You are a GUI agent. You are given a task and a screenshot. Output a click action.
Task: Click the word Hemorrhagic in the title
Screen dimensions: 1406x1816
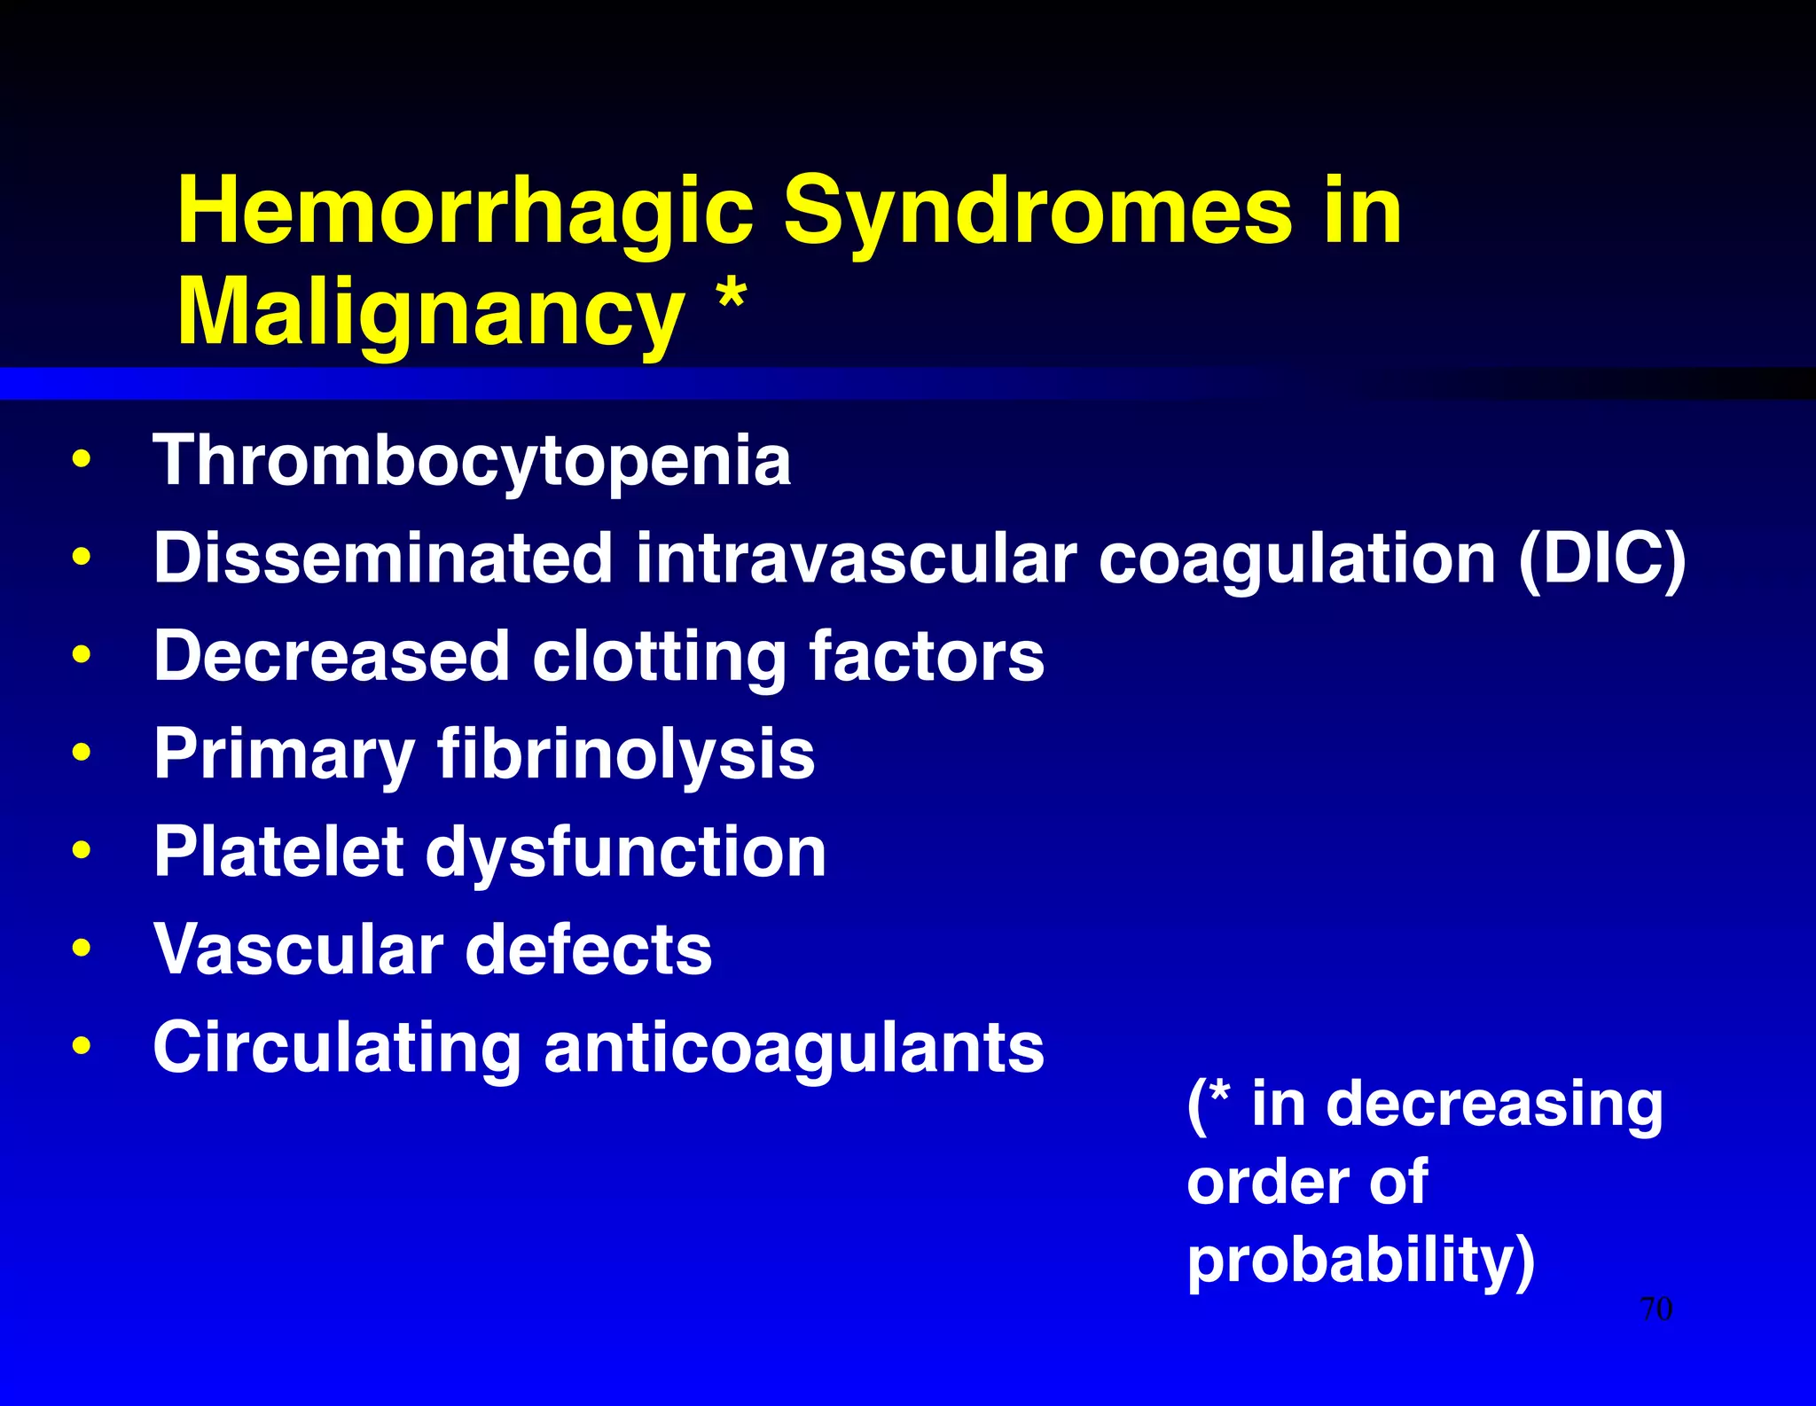point(465,213)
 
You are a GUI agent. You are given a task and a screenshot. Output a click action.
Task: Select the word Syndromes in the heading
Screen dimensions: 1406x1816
point(1037,213)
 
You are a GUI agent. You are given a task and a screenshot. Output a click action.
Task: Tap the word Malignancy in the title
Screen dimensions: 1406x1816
point(430,313)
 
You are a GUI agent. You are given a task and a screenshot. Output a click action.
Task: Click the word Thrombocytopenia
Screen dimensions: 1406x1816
point(472,461)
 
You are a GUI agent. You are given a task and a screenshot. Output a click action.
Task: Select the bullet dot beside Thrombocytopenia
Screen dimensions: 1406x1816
point(82,459)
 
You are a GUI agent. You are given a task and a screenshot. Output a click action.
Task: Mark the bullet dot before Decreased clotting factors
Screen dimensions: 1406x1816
point(82,655)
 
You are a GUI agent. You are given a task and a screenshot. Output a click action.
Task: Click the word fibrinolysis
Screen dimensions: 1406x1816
point(626,754)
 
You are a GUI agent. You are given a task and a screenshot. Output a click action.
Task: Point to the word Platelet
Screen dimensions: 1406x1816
point(278,852)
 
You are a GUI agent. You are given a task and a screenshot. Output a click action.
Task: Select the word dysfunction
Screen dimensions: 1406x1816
point(626,852)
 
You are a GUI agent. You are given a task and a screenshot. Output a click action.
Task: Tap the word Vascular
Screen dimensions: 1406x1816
point(298,949)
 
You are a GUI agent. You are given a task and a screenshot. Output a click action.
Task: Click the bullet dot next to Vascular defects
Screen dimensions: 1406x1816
point(82,948)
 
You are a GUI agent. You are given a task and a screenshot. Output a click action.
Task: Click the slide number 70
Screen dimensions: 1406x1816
point(1656,1308)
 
